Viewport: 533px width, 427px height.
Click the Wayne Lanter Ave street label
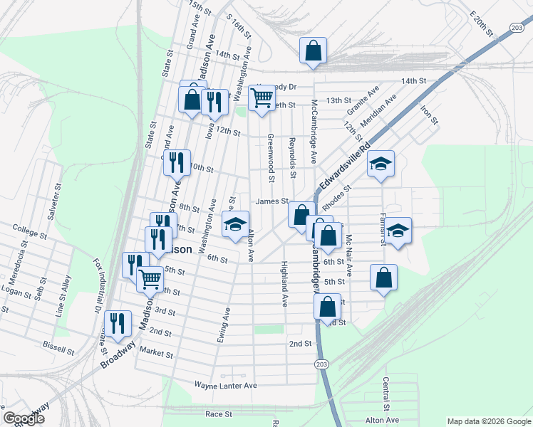coord(225,385)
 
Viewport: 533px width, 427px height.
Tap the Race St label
coord(219,414)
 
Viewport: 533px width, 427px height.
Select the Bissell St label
coord(58,350)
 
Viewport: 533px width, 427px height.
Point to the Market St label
coord(157,353)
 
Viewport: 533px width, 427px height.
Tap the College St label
coord(29,231)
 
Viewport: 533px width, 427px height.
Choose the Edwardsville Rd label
coord(345,169)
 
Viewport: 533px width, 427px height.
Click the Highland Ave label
coord(284,283)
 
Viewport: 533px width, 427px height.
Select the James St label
coord(271,202)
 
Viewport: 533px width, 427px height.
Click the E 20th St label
coord(482,23)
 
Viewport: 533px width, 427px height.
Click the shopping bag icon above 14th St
coord(313,50)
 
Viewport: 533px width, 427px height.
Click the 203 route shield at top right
coord(517,27)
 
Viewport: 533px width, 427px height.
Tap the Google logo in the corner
coord(23,418)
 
